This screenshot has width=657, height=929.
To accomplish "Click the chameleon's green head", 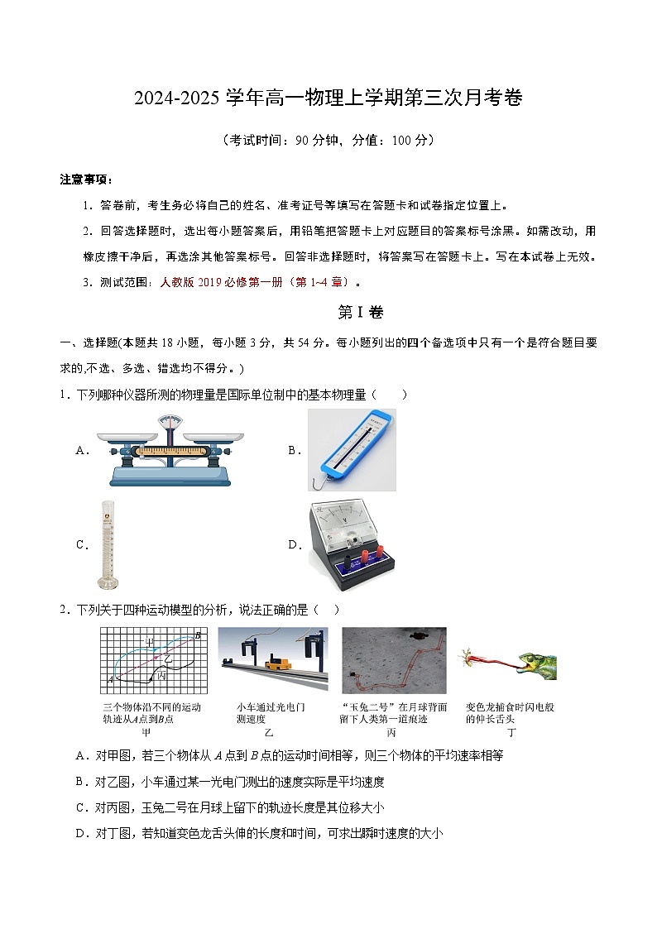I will [536, 661].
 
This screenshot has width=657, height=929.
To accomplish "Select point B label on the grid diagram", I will [198, 635].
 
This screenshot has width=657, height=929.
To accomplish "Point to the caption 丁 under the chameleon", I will [511, 732].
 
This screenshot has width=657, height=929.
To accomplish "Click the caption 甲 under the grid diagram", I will [146, 732].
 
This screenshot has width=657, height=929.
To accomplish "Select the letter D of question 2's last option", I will [80, 833].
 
